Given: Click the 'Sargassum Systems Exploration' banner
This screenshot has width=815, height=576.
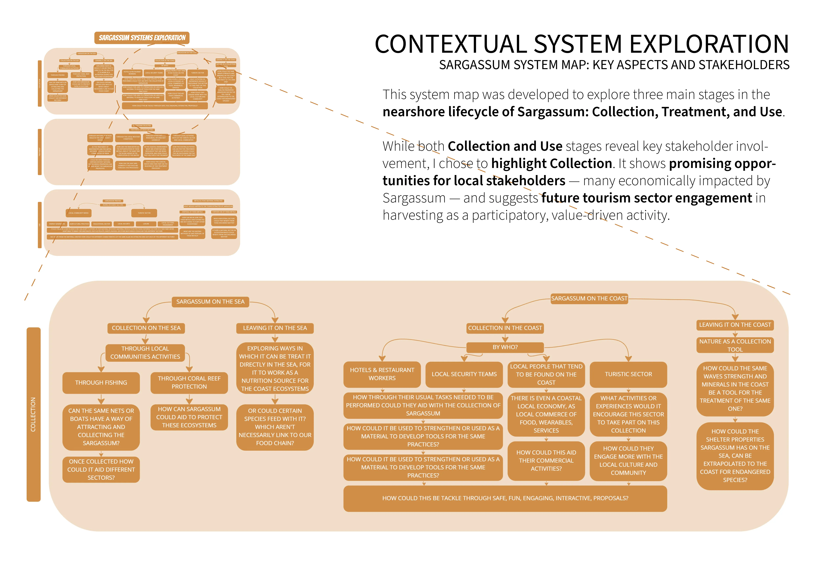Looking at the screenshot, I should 142,38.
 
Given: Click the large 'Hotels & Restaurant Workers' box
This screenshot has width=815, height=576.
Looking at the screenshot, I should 382,374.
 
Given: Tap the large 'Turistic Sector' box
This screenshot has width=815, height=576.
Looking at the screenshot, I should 628,374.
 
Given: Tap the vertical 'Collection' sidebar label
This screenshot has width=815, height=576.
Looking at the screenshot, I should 33,414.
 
